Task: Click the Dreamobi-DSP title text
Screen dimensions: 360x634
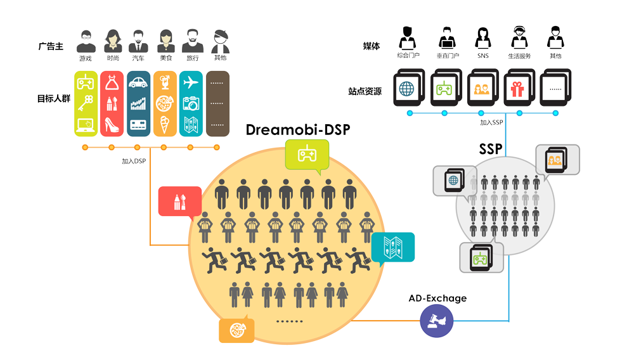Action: point(298,131)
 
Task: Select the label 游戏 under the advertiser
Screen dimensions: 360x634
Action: point(86,58)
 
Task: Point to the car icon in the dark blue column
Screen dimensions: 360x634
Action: point(138,82)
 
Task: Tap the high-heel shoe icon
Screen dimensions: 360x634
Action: point(112,124)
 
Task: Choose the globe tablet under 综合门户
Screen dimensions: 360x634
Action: point(406,89)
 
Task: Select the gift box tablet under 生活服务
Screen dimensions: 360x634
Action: point(519,89)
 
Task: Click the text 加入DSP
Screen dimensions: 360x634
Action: point(134,161)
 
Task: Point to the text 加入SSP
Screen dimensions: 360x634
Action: point(491,123)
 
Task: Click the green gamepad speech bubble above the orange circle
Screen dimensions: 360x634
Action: point(307,155)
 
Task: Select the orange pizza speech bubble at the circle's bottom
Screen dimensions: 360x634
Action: point(236,330)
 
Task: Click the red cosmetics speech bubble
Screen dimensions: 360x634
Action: point(179,202)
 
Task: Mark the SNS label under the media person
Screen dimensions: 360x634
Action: point(482,56)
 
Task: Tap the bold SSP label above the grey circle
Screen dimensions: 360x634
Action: point(490,149)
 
